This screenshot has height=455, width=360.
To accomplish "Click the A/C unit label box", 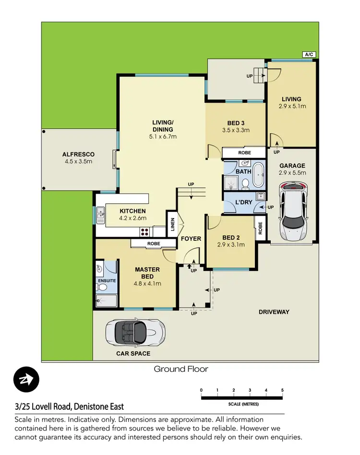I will pos(309,55).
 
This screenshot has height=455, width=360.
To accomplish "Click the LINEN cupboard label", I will pos(172,224).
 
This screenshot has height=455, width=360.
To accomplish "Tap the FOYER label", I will pos(191,239).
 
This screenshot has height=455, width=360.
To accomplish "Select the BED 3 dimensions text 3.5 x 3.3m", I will pos(236,130).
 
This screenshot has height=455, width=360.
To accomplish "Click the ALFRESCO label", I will pos(78,154).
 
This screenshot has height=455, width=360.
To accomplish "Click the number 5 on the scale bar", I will pos(283,390).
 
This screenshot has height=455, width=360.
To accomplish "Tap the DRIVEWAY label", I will pos(274,312).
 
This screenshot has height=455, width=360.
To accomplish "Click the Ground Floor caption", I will pos(181,369).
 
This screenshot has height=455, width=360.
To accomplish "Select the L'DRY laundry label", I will pos(243,202).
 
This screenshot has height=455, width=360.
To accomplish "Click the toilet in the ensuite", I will pos(102,287).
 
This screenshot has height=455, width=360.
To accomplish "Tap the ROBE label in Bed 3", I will pos(244,153).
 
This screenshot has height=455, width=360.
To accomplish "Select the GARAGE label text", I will pos(292,166).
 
